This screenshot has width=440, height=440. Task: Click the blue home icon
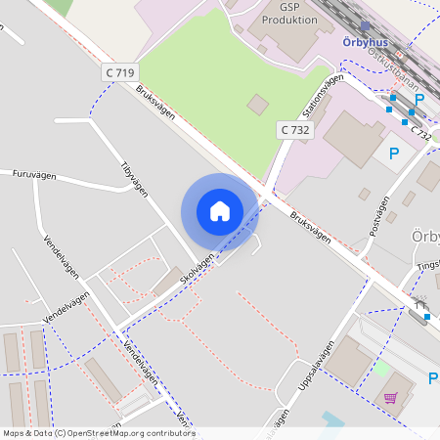(220, 210)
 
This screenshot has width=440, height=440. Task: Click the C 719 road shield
(120, 72)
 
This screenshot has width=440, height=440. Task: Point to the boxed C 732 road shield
(294, 129)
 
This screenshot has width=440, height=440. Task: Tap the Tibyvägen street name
(134, 179)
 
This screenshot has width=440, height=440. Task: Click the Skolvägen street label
(197, 268)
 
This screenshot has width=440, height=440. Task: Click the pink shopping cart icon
(391, 399)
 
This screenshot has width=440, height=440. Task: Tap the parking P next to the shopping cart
(432, 378)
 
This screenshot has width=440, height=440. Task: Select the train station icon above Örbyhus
(366, 27)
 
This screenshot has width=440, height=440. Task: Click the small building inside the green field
(257, 104)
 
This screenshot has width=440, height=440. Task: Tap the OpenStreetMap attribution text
(98, 433)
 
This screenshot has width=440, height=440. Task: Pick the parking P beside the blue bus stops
(419, 100)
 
